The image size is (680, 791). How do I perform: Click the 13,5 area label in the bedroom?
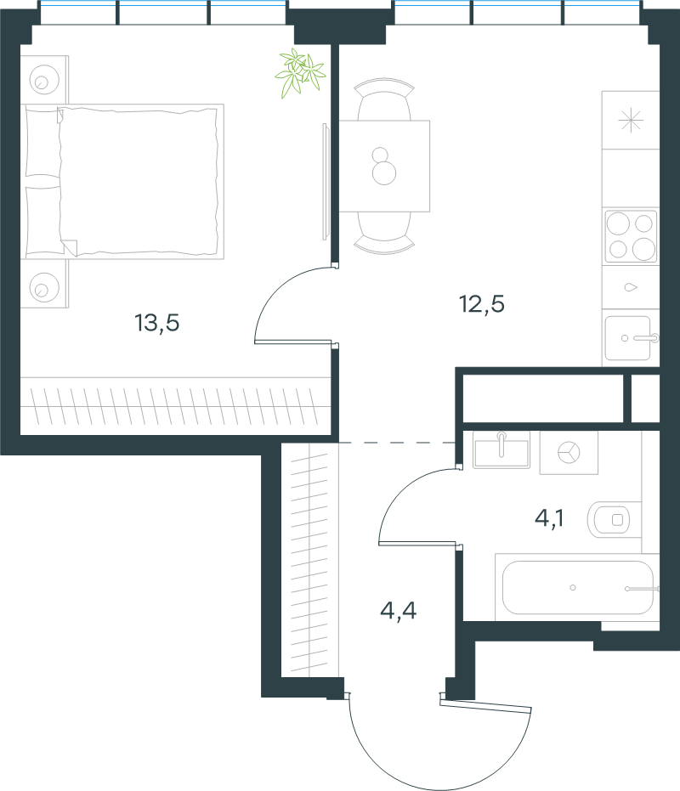coord(157,323)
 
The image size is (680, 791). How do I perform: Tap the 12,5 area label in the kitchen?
coord(482,304)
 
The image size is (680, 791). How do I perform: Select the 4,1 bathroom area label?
coord(549,518)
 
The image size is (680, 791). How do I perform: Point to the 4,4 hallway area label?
coord(399,610)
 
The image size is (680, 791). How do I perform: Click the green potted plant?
coord(300,73)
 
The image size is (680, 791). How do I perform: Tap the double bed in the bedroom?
coord(122,182)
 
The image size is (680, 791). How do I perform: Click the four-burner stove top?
coord(631,236)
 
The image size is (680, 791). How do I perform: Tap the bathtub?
coord(577,587)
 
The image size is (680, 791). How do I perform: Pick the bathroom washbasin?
coord(501,450)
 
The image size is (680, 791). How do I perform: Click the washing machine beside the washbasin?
coord(569,453)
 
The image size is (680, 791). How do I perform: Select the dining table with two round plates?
coord(384,166)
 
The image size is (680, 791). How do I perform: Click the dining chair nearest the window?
coord(384,99)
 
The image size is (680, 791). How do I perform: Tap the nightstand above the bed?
coord(44,80)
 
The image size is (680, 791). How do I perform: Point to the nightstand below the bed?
coord(44,284)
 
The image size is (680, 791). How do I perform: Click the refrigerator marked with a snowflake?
coord(631,120)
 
